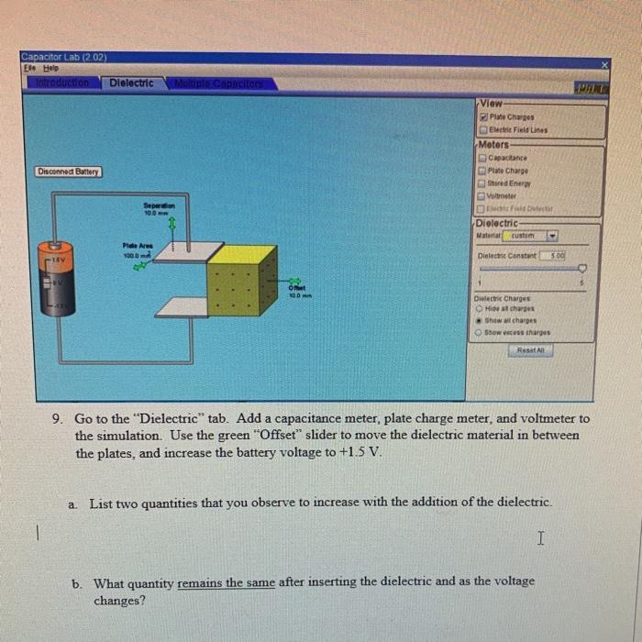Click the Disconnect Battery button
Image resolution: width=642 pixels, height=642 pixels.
tap(70, 172)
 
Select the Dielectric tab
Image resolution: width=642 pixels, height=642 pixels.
tap(131, 83)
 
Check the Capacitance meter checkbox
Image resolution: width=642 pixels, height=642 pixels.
tap(482, 157)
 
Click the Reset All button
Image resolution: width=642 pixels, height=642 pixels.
tap(534, 350)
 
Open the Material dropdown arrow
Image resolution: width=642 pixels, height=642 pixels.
tap(552, 236)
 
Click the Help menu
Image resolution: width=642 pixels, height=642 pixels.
tap(41, 67)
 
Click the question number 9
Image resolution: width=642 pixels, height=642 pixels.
tap(57, 418)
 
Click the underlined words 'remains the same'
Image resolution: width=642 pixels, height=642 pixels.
tap(226, 581)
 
